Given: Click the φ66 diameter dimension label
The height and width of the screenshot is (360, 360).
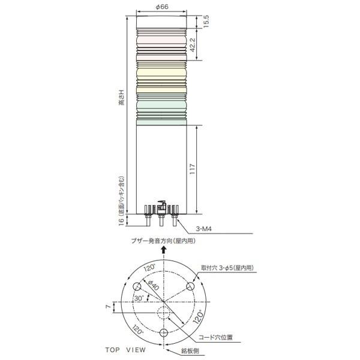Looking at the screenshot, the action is coord(162,7).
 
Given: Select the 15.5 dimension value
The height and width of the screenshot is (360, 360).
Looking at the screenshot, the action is coord(206,22).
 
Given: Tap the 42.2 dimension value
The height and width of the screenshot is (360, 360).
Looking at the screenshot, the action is coord(193,44).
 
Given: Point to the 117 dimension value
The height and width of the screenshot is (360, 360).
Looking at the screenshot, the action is coord(193,169).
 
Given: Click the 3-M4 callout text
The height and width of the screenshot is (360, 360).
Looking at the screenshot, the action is coord(203,229).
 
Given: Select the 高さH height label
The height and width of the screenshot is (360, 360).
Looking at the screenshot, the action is coord(121,98).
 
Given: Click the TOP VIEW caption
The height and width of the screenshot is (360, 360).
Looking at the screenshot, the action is coord(125,350).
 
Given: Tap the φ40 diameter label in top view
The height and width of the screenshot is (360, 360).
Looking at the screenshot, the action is coord(154,286).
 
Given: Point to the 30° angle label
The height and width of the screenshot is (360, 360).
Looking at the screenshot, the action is coord(139,298).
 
